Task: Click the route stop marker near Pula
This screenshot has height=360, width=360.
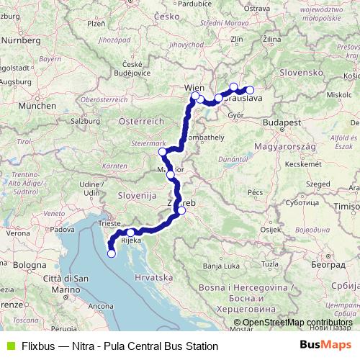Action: coord(111,253)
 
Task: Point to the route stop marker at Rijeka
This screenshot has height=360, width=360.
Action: coord(131,233)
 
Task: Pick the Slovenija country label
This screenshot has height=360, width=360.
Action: coord(137,195)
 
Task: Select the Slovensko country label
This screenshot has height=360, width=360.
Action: coord(301,73)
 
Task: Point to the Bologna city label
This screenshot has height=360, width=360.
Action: coord(29,265)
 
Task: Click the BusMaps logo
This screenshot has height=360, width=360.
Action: coord(328,346)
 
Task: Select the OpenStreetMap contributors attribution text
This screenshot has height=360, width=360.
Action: coord(292,323)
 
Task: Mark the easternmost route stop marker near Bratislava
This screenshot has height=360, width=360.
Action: coord(250,91)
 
